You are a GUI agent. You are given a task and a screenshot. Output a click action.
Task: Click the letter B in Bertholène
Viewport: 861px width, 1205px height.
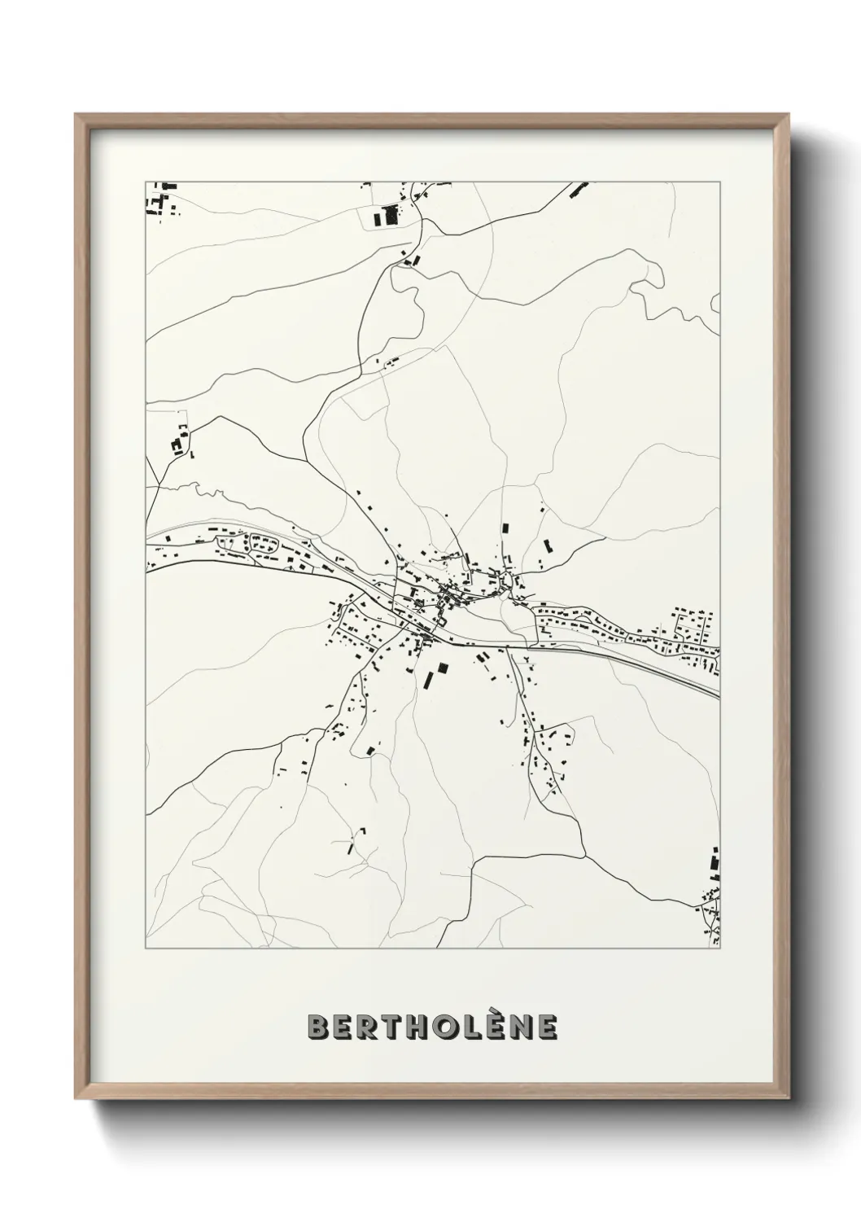(x=318, y=1028)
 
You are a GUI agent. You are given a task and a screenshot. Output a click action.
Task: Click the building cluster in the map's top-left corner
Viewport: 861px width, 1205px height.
(x=161, y=199)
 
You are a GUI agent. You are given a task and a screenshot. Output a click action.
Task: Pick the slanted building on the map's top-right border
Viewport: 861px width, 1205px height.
(x=577, y=191)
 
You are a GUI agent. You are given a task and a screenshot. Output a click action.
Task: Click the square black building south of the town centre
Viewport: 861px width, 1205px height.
(x=443, y=668)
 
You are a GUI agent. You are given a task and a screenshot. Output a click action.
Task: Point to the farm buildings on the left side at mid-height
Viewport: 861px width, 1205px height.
(x=179, y=441)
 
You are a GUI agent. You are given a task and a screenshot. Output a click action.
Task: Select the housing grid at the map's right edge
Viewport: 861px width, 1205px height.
(x=692, y=628)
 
